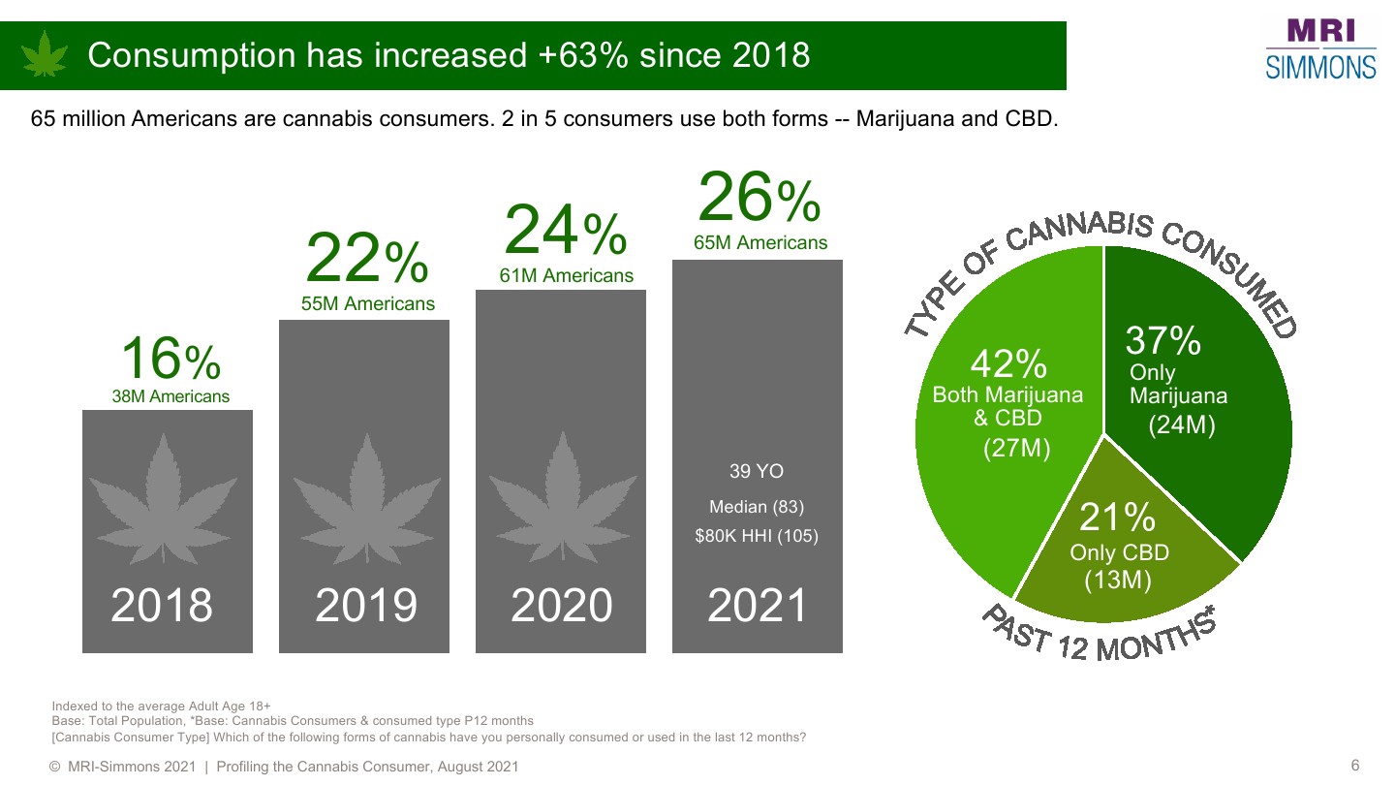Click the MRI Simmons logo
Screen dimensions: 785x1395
(1320, 48)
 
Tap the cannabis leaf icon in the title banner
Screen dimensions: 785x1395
(45, 54)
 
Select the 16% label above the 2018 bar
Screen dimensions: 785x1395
(170, 360)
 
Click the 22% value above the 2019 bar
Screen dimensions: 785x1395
(366, 259)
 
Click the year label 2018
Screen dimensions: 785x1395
(162, 606)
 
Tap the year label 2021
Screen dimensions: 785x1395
(758, 606)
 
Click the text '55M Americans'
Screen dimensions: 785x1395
(368, 304)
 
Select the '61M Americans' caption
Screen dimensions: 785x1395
(567, 276)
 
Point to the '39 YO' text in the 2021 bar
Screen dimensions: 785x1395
(756, 472)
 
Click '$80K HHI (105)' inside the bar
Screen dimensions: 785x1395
(757, 536)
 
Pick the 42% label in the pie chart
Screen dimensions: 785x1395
(1007, 364)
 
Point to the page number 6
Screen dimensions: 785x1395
(1355, 766)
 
